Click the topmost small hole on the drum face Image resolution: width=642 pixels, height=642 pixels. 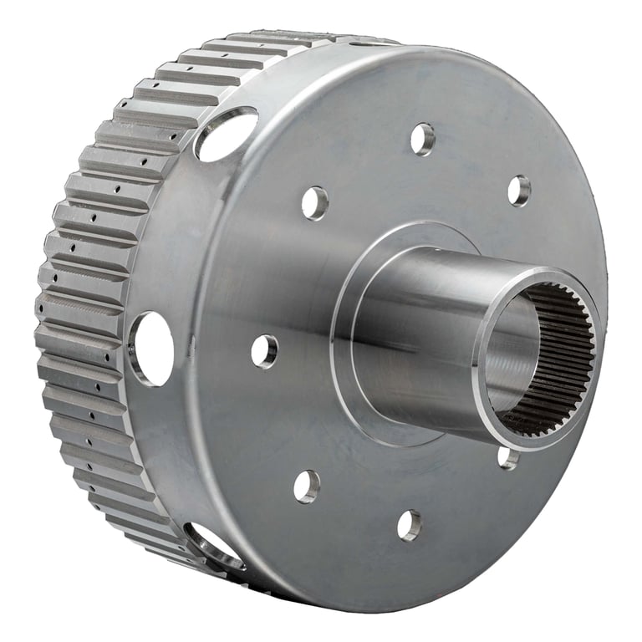pos(423,139)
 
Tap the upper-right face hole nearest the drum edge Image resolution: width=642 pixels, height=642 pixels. pos(519,191)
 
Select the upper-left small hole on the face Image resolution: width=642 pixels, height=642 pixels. pos(315,202)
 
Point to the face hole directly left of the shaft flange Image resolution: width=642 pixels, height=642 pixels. pos(264,351)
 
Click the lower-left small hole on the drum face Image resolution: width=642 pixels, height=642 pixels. pos(307,486)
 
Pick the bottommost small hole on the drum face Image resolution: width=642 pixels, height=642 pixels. pos(410,524)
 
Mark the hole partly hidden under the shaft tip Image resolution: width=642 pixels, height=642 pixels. pos(507,457)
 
